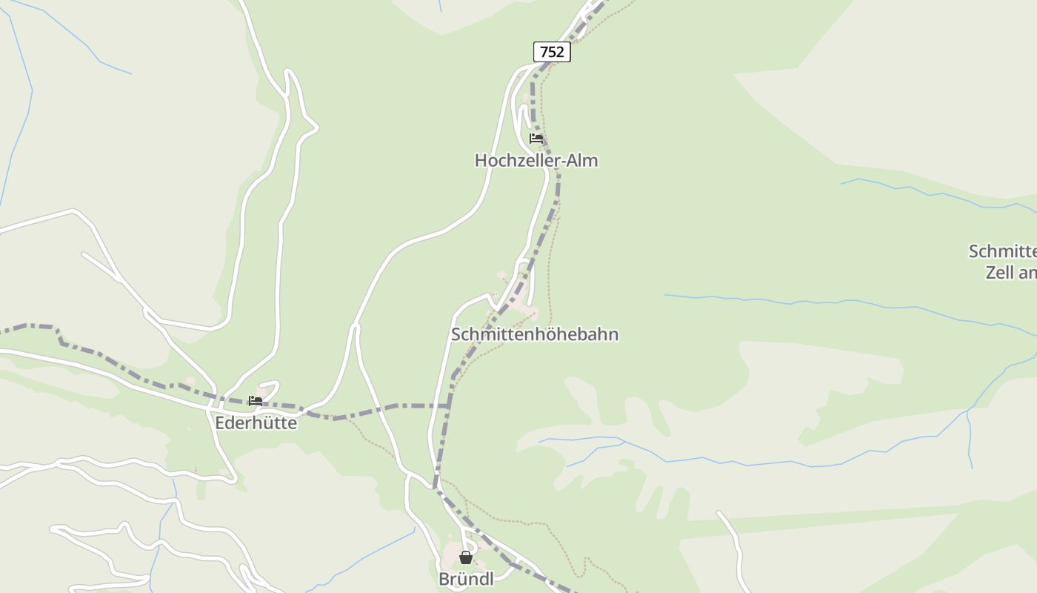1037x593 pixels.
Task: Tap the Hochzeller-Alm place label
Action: pos(536,160)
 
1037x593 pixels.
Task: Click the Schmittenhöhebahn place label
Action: pos(535,334)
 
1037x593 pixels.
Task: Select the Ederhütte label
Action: pos(256,423)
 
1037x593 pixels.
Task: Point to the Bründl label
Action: pos(466,579)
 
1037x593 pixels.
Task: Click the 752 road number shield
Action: pos(552,52)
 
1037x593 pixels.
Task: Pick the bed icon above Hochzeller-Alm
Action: pos(536,139)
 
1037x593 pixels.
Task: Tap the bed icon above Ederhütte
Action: pos(256,401)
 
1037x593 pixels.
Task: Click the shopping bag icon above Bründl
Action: pos(466,557)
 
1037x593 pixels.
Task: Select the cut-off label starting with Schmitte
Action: pos(1003,251)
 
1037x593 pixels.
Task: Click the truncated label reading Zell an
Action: pos(1010,272)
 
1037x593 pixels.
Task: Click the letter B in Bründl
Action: pos(444,579)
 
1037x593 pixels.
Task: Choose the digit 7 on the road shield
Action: pos(544,52)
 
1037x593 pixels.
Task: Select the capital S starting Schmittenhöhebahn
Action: pos(456,334)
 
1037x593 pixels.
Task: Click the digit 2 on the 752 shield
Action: pos(560,52)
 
